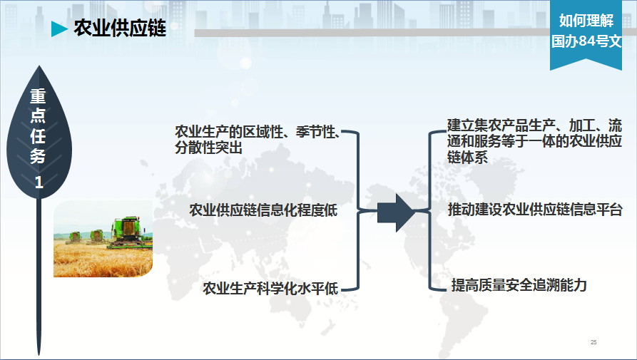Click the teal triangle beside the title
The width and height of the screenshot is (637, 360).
[x=59, y=29]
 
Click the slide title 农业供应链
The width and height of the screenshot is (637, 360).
[x=120, y=29]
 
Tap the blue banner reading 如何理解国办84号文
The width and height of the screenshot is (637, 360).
[x=586, y=34]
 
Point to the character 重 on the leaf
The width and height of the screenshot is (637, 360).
[x=39, y=96]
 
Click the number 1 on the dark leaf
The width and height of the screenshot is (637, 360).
[x=39, y=182]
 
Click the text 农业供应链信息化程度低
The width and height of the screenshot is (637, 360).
[x=263, y=210]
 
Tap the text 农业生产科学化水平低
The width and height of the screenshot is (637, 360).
[x=270, y=289]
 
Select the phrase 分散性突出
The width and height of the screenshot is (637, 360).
[x=209, y=148]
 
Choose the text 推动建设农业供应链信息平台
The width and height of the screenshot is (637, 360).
[x=535, y=210]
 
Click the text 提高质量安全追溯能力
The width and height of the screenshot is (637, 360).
[x=519, y=285]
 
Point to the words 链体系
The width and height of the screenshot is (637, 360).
[x=468, y=157]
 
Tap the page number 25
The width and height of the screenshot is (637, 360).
[x=593, y=342]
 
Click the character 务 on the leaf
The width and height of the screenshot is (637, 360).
[x=39, y=155]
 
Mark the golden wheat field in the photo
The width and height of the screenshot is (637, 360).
[x=103, y=259]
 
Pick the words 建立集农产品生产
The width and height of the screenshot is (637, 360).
[x=501, y=125]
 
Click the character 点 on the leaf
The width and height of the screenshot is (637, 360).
[x=39, y=115]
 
